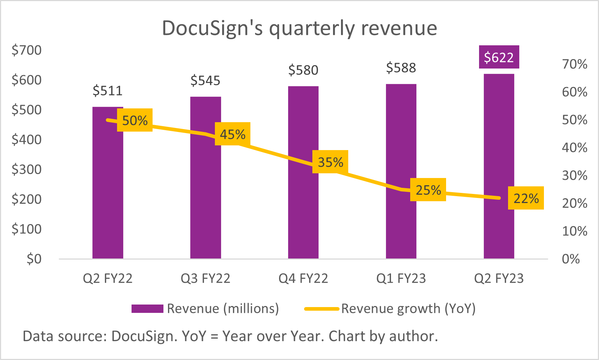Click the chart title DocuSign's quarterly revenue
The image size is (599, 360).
point(299,28)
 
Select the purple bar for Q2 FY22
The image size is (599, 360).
point(108,189)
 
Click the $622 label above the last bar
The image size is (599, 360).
point(499,57)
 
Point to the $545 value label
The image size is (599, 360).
point(205,80)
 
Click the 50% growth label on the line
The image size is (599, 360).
point(135,120)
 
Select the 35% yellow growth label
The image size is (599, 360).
point(330,162)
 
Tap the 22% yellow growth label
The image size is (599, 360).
point(526,198)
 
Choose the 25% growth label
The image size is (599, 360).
point(428,190)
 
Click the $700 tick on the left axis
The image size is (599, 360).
point(26,50)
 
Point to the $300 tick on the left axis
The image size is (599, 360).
point(26,169)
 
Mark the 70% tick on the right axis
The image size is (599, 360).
point(574,64)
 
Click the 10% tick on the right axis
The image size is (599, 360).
point(574,231)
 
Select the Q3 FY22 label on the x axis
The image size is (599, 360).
point(205,278)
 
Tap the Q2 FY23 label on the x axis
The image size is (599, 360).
point(499,278)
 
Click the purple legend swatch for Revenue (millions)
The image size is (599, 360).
point(147,309)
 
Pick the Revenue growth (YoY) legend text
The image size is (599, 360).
point(408,309)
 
